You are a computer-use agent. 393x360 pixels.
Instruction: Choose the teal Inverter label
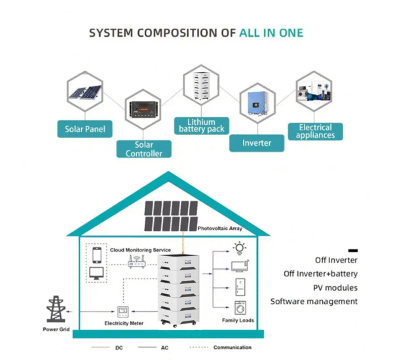point(257,142)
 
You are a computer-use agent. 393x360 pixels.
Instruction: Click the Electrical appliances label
point(315,131)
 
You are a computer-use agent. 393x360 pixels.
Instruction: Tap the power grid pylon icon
point(55,310)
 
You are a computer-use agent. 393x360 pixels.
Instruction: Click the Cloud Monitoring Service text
point(140,250)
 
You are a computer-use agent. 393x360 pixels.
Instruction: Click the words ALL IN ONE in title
point(271,32)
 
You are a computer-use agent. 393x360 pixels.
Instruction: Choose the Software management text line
point(314,301)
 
